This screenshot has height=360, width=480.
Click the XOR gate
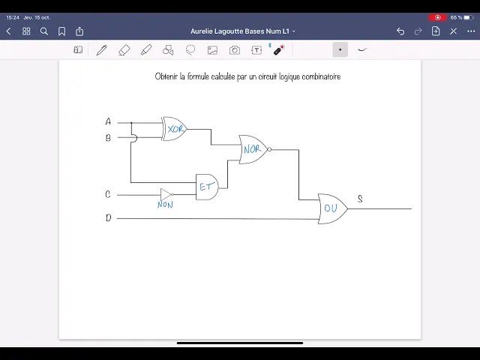(x=175, y=129)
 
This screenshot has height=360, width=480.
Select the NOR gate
(x=253, y=149)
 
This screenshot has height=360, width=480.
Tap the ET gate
(x=207, y=187)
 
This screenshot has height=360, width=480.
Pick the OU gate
(x=331, y=208)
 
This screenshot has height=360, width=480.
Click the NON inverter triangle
(x=166, y=194)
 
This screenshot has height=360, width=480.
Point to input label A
(x=108, y=121)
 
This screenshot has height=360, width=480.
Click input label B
(x=108, y=138)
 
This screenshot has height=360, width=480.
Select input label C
(x=108, y=194)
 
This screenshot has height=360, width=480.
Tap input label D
(x=108, y=218)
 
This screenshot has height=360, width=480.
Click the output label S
(x=360, y=199)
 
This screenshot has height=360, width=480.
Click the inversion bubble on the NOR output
(x=269, y=149)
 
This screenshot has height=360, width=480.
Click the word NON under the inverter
(x=165, y=205)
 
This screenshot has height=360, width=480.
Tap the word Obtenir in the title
(x=166, y=76)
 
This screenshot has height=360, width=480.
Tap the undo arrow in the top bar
(x=400, y=31)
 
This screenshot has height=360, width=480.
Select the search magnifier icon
(x=44, y=31)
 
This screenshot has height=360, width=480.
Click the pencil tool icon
(x=101, y=50)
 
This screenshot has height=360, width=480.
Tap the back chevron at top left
(x=9, y=31)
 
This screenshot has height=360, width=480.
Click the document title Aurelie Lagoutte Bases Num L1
(x=240, y=31)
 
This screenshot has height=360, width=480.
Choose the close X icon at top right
(x=453, y=31)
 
